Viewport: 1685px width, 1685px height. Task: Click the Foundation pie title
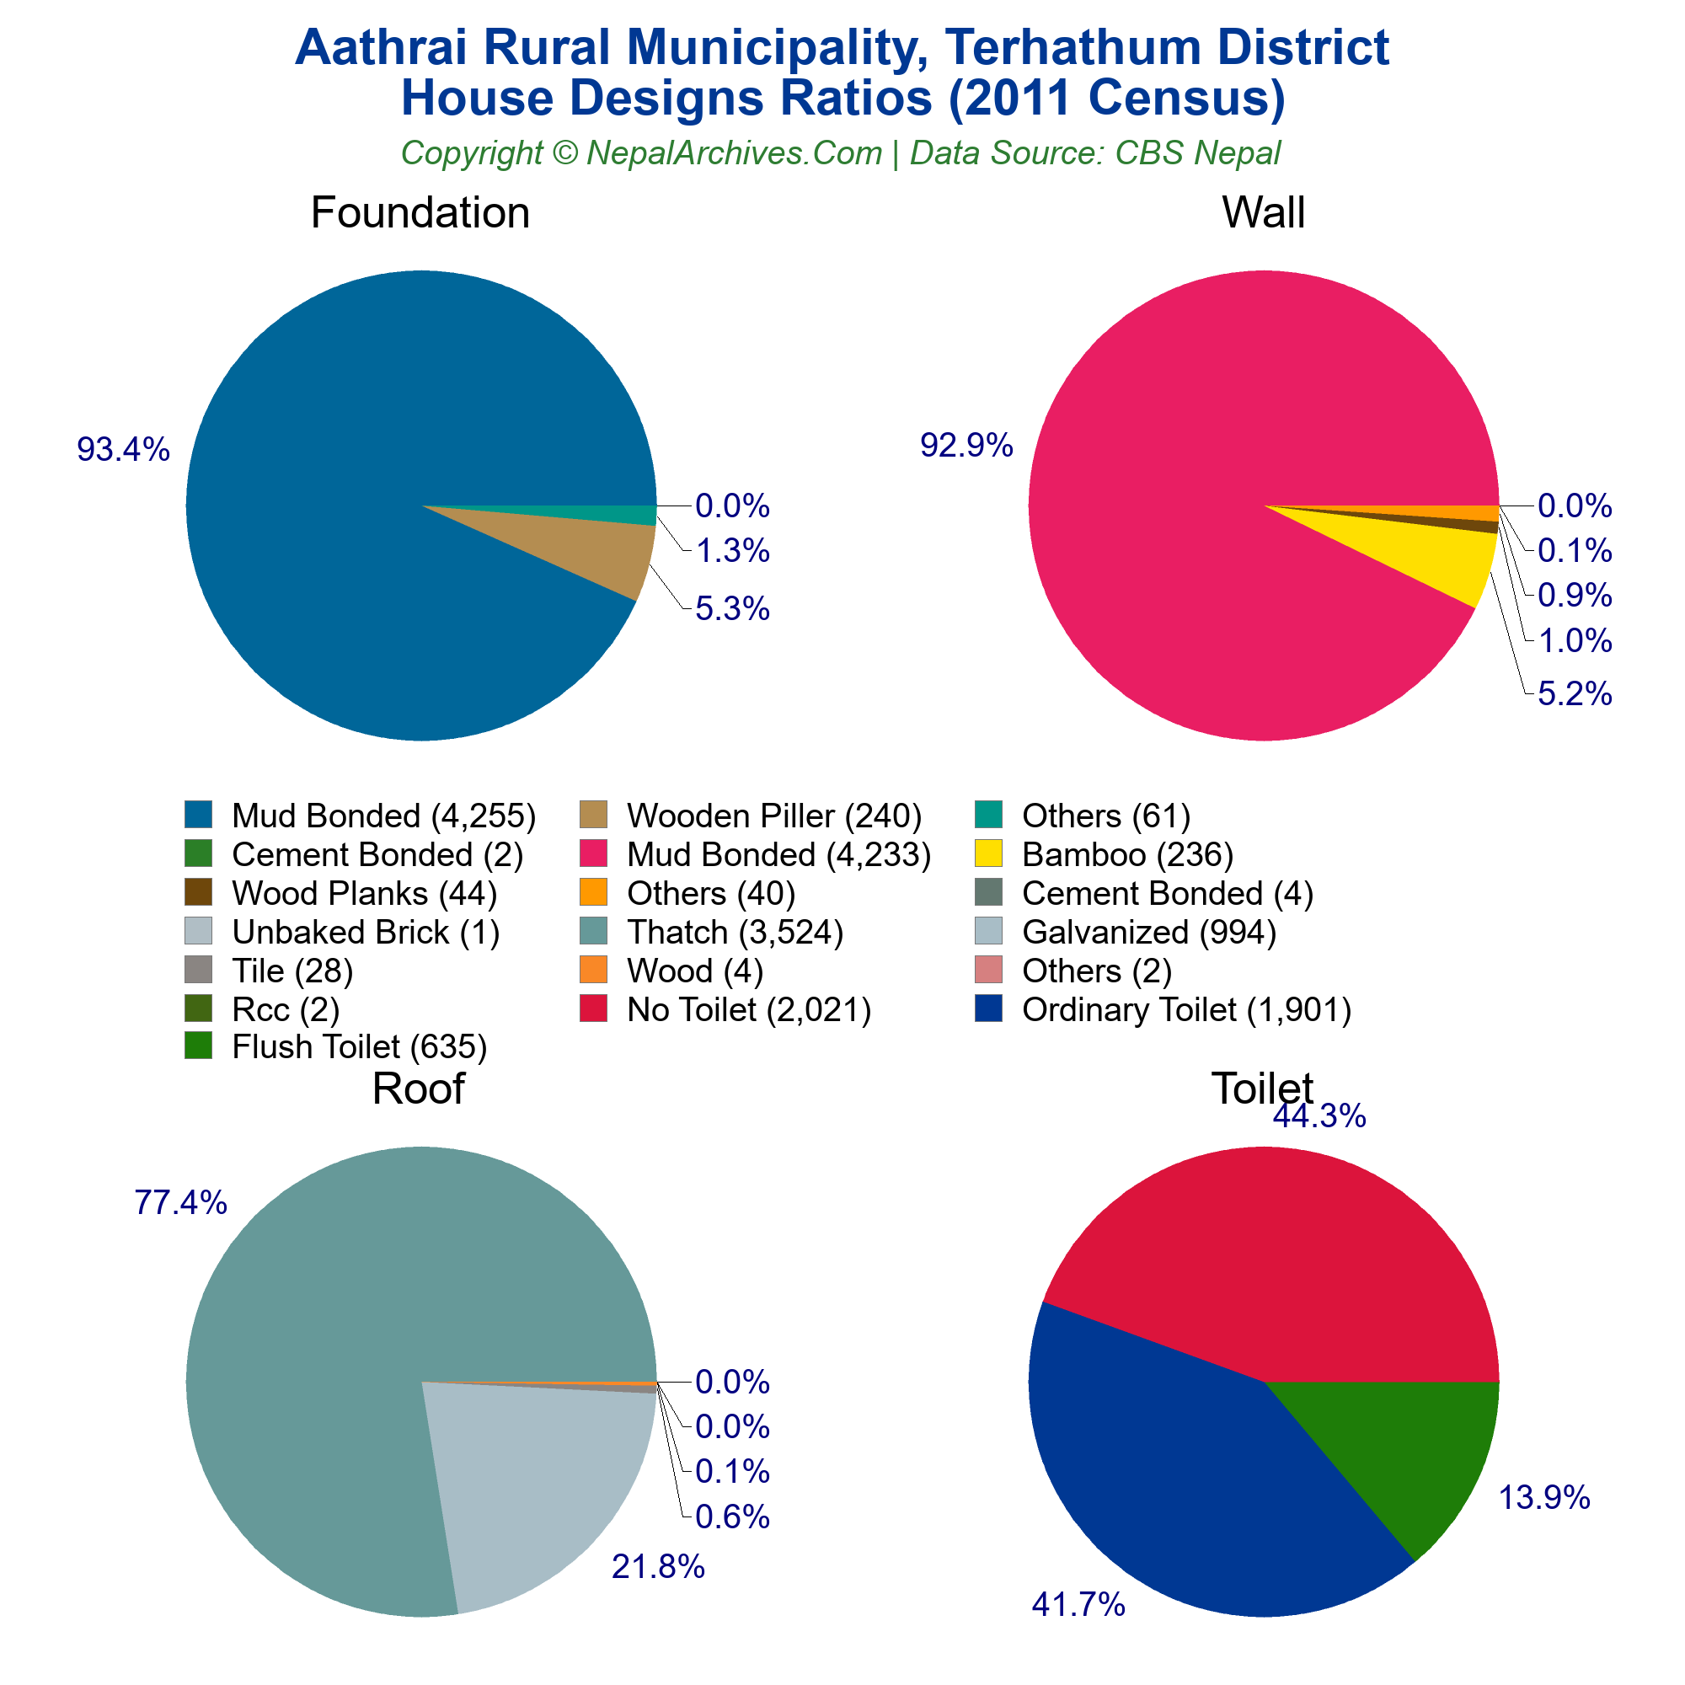(x=420, y=213)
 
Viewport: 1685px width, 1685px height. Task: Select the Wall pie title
(x=1263, y=213)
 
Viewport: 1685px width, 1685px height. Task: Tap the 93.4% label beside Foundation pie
(x=123, y=449)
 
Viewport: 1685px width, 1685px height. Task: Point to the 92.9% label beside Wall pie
(x=966, y=446)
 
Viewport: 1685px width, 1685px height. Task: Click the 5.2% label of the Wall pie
(x=1575, y=694)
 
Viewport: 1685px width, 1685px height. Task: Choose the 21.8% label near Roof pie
(x=658, y=1567)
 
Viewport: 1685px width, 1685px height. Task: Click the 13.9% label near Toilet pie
(x=1543, y=1498)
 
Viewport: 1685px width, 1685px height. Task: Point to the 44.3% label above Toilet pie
(x=1319, y=1116)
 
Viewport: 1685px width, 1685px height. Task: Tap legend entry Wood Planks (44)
(x=364, y=893)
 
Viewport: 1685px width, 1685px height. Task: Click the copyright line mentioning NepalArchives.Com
(x=841, y=152)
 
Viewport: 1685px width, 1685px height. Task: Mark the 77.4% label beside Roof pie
(x=180, y=1203)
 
